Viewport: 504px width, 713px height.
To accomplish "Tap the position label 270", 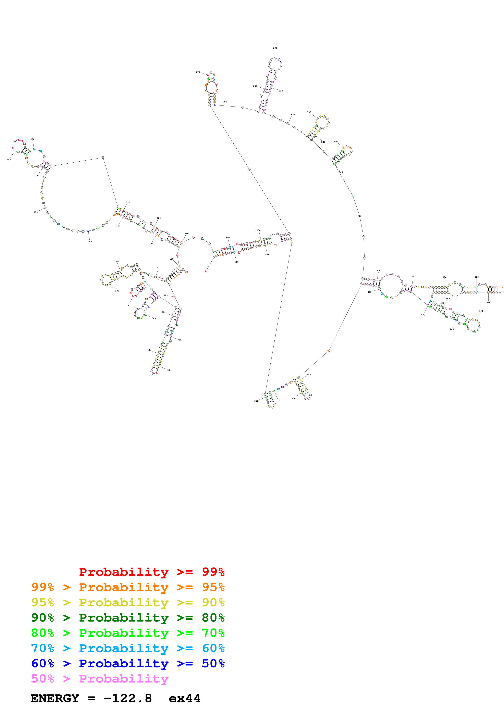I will point(198,72).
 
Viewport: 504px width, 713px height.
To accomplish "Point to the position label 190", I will point(9,160).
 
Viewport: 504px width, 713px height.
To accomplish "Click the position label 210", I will point(128,202).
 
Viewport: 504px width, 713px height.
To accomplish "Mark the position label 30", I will point(169,370).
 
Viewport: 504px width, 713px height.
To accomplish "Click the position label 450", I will point(481,311).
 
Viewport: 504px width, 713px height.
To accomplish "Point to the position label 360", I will point(341,172).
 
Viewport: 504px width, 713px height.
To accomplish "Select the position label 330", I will point(309,112).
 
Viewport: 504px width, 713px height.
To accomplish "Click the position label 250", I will point(258,230).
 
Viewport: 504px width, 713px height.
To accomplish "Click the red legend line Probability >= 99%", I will point(151,572).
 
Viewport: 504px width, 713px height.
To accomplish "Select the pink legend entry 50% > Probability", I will point(99,679).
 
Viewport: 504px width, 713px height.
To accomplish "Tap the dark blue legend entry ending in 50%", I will point(128,664).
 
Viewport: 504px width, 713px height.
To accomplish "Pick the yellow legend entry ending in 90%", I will point(128,602).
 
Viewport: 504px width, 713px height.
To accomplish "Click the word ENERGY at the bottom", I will point(55,698).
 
